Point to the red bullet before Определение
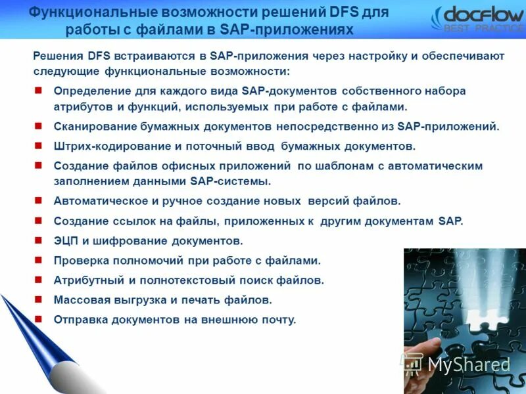pyautogui.click(x=38, y=91)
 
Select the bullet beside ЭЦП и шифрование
pyautogui.click(x=38, y=240)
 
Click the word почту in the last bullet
pyautogui.click(x=279, y=319)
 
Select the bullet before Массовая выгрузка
pyautogui.click(x=38, y=299)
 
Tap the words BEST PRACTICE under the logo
pyautogui.click(x=484, y=28)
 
